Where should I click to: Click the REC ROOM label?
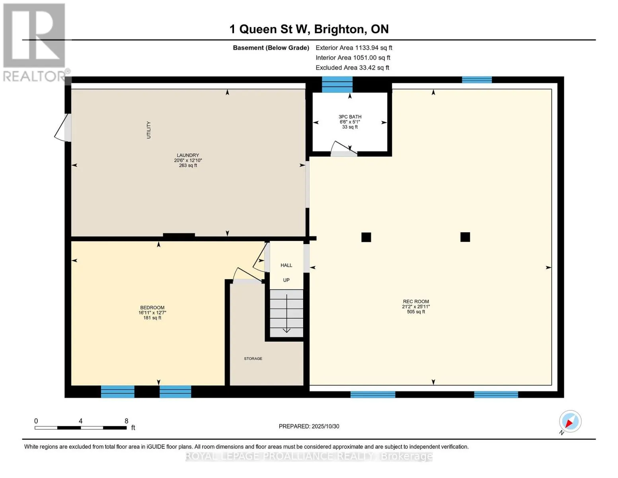pos(415,301)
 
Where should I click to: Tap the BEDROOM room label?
pos(152,308)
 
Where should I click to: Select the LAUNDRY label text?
pos(188,155)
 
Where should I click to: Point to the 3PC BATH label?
pos(350,117)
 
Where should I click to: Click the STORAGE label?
pos(253,358)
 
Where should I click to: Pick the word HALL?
pos(286,265)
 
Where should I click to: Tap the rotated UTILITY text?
pos(148,130)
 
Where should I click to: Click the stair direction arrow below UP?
pos(287,313)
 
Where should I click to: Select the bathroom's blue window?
pos(337,84)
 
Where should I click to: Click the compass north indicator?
pos(570,421)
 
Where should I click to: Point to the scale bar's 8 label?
pos(126,421)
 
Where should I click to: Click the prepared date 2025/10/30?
pos(325,426)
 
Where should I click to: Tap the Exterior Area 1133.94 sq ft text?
pos(354,48)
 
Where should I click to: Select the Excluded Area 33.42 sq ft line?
pos(352,68)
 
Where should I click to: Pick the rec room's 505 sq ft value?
pos(416,312)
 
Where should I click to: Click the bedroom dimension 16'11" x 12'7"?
pos(152,313)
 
